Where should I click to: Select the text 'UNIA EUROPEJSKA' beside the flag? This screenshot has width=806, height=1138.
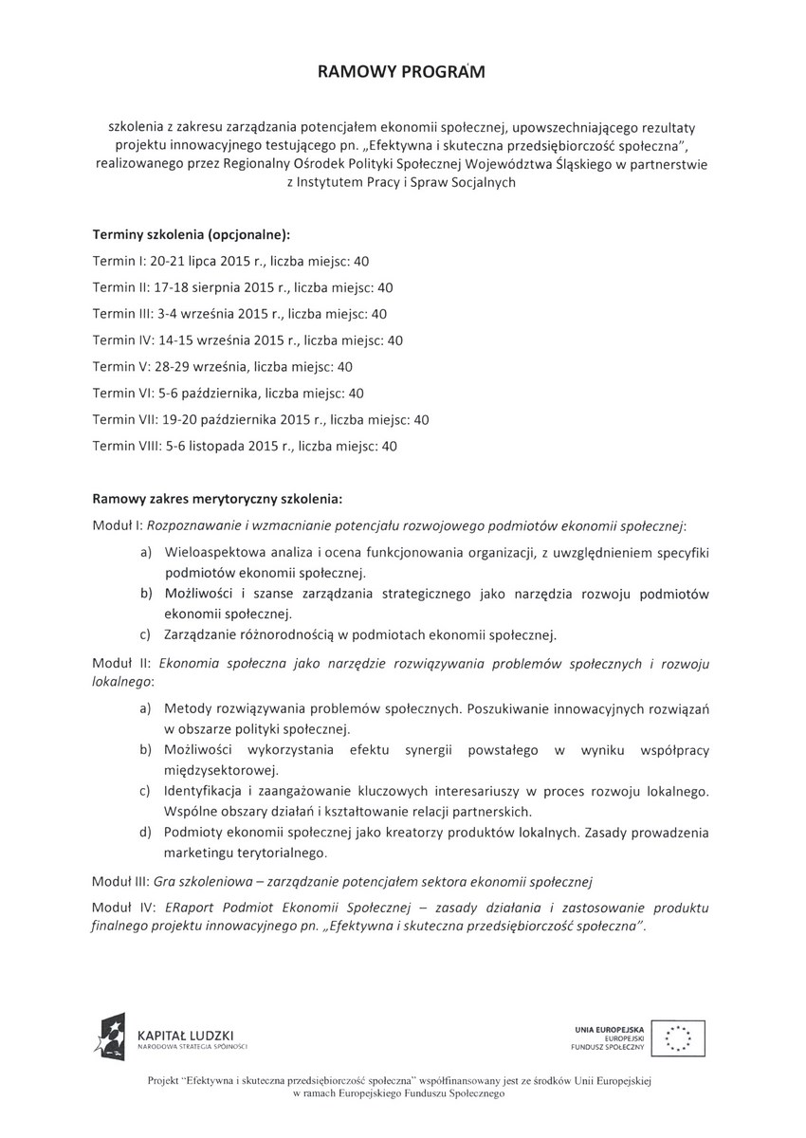[609, 1028]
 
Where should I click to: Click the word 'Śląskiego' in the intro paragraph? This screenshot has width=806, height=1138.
[570, 165]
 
